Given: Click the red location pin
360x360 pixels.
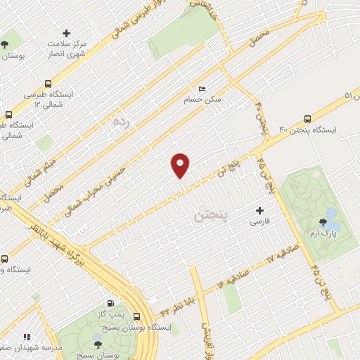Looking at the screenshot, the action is [x=181, y=165].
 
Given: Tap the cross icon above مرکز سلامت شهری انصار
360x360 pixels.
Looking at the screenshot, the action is [x=67, y=33].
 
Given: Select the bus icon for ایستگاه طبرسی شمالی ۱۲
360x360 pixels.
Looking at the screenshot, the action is [x=9, y=115].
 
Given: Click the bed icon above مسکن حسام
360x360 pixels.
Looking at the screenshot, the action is [x=202, y=89].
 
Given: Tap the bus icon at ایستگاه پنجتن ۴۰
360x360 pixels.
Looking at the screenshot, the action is [x=307, y=119].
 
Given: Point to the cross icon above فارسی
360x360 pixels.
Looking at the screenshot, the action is [x=259, y=210].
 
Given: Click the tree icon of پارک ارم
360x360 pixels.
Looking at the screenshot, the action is [x=323, y=223].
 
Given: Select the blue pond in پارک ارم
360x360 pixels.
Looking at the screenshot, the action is [x=330, y=213].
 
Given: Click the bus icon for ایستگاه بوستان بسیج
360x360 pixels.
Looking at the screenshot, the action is [x=136, y=316].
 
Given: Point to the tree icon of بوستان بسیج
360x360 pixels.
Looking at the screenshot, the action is [x=98, y=344].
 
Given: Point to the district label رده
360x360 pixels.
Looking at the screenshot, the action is [x=121, y=121].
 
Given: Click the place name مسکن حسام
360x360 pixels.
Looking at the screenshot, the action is [x=203, y=100].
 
